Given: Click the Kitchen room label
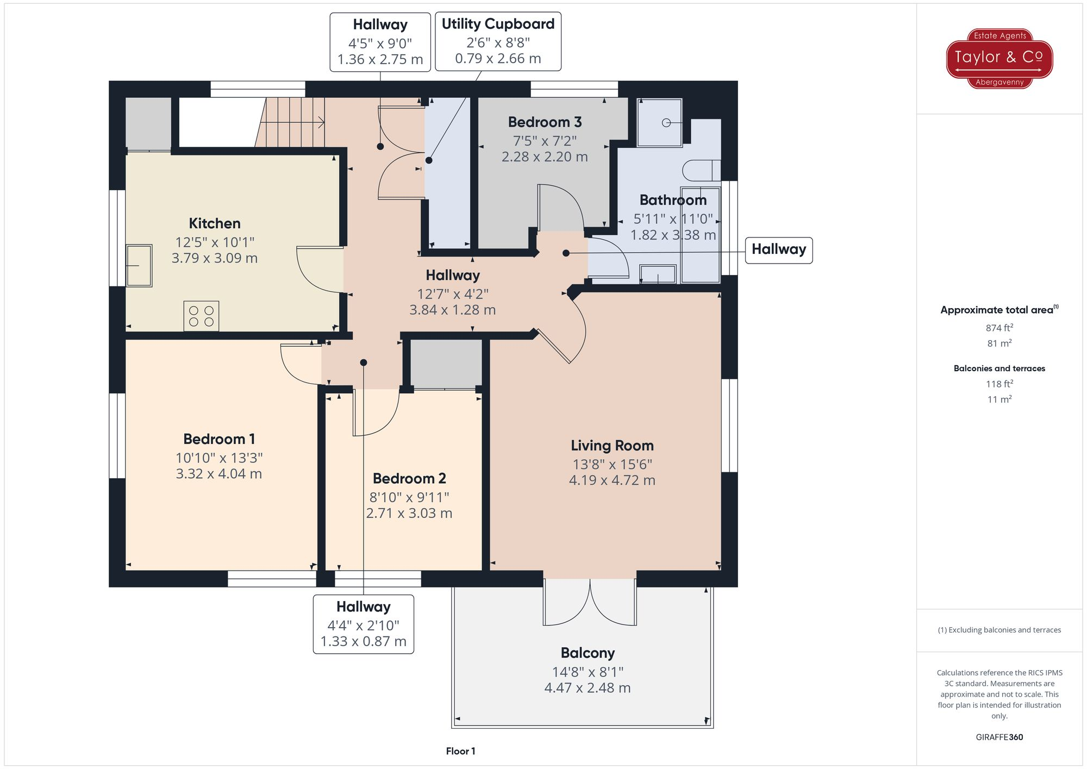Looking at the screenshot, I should point(214,223).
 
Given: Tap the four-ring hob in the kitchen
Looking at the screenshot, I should point(201,316).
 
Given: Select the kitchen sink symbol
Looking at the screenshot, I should point(139,265).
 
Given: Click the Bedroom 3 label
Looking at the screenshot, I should point(545,122).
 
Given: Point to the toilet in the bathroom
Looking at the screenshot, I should point(701,170).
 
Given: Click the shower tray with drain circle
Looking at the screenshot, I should point(659,123).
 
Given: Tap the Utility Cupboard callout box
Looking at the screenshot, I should point(498,41).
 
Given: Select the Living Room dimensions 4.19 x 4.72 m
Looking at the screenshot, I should point(612,480).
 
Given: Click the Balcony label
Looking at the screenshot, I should point(588,653).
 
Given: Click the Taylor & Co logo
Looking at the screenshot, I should point(999,58).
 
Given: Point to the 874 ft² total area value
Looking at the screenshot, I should point(999,328).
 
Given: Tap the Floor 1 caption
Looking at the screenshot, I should point(460,751).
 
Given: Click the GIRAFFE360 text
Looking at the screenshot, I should point(999,737).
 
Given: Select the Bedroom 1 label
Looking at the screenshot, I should point(219,439).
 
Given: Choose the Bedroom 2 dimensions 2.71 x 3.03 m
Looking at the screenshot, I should point(409,513).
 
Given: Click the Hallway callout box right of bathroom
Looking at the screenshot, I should point(778,250).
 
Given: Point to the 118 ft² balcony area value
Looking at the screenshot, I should point(999,384).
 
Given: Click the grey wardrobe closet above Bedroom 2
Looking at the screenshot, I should point(446,364).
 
